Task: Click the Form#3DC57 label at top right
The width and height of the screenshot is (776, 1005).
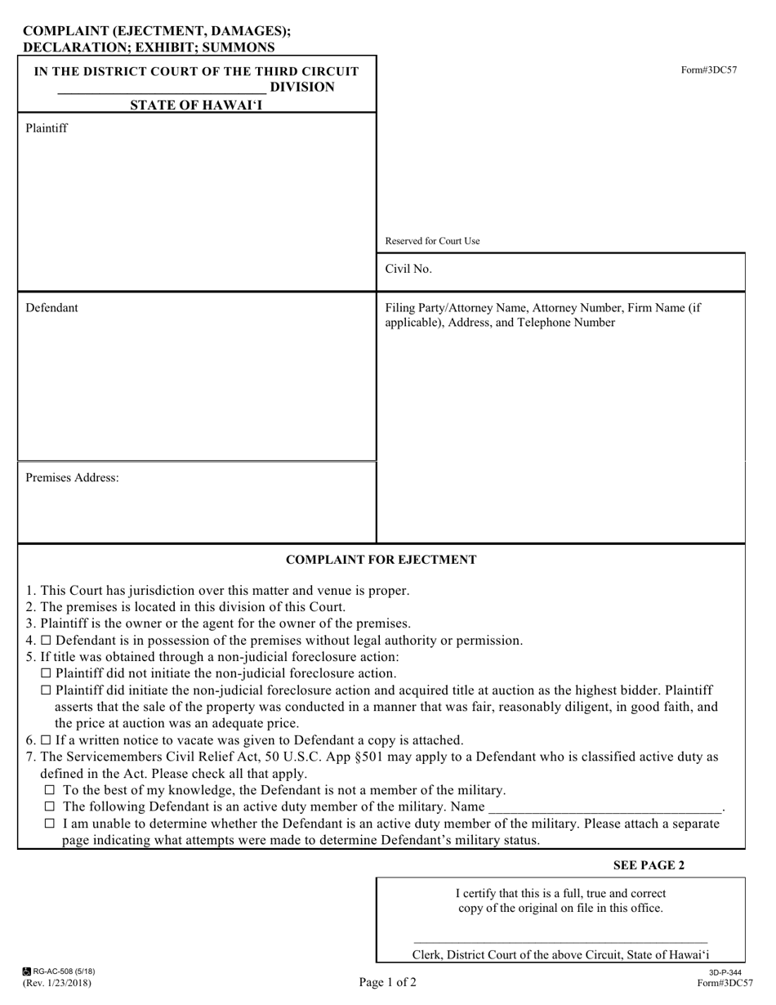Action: coord(709,70)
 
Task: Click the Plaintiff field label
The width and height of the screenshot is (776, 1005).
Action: coord(47,128)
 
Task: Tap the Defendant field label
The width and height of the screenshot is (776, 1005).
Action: coord(51,308)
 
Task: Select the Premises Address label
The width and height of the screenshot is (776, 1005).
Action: coord(72,478)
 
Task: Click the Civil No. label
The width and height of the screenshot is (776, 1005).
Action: coord(408,269)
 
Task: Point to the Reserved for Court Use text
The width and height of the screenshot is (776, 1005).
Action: coord(432,241)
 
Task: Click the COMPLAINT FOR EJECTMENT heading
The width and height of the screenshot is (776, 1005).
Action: coord(381,560)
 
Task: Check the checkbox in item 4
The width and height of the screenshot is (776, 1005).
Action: coord(45,641)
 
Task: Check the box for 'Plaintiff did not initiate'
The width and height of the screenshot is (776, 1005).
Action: coord(46,673)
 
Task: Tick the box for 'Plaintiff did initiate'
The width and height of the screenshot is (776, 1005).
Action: coord(46,690)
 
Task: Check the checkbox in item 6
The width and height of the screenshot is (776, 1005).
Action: coord(45,740)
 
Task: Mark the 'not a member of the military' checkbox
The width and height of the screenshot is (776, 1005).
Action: coord(50,790)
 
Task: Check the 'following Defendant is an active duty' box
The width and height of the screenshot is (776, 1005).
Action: coord(50,807)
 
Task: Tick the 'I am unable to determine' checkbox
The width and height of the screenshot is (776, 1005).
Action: coord(50,824)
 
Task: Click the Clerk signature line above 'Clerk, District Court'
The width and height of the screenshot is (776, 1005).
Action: coord(560,941)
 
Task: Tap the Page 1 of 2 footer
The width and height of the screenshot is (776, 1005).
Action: coord(387,982)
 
